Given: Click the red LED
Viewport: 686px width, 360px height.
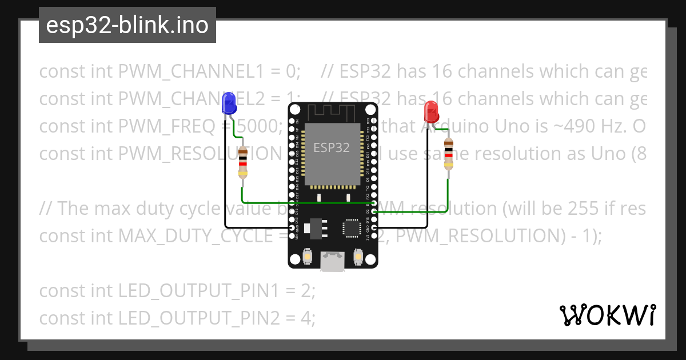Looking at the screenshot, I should point(431,109).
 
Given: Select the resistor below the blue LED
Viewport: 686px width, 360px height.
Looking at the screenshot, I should point(244,162).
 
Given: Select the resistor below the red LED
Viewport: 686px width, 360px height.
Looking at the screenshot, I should point(448,154).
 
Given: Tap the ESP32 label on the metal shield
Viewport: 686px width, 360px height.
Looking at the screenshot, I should point(332,147).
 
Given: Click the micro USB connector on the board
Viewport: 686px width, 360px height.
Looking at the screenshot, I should point(332,262).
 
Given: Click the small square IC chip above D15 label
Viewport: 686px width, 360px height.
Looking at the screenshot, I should point(351,228).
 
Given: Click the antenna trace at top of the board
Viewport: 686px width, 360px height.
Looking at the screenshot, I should point(332,111).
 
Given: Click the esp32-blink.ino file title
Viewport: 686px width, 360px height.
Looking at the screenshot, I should point(127,25).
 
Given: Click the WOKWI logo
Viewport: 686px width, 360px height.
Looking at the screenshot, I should point(607,315).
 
